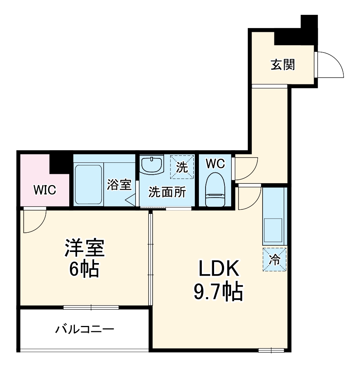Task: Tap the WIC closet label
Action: (44, 190)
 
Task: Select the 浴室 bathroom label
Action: (119, 185)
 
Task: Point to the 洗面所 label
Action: (167, 192)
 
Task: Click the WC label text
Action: (215, 164)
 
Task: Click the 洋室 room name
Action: (85, 248)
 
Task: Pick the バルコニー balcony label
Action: (85, 329)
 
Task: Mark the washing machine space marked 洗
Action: (182, 166)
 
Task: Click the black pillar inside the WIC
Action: (59, 163)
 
